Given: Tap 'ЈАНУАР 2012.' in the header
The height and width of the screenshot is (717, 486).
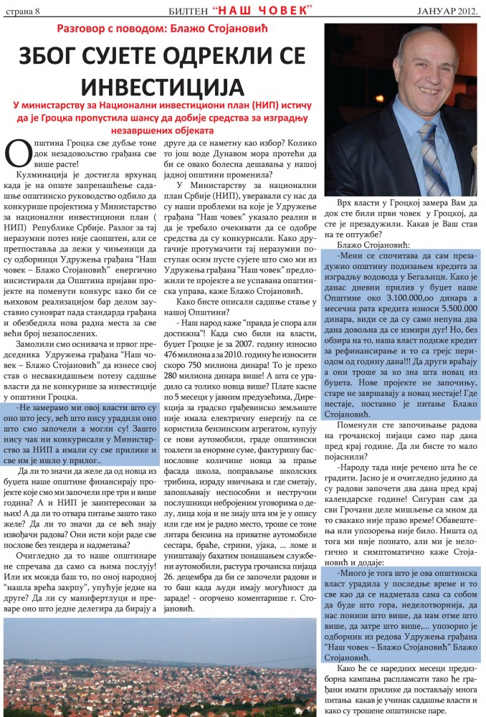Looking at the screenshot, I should click(x=447, y=9).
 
